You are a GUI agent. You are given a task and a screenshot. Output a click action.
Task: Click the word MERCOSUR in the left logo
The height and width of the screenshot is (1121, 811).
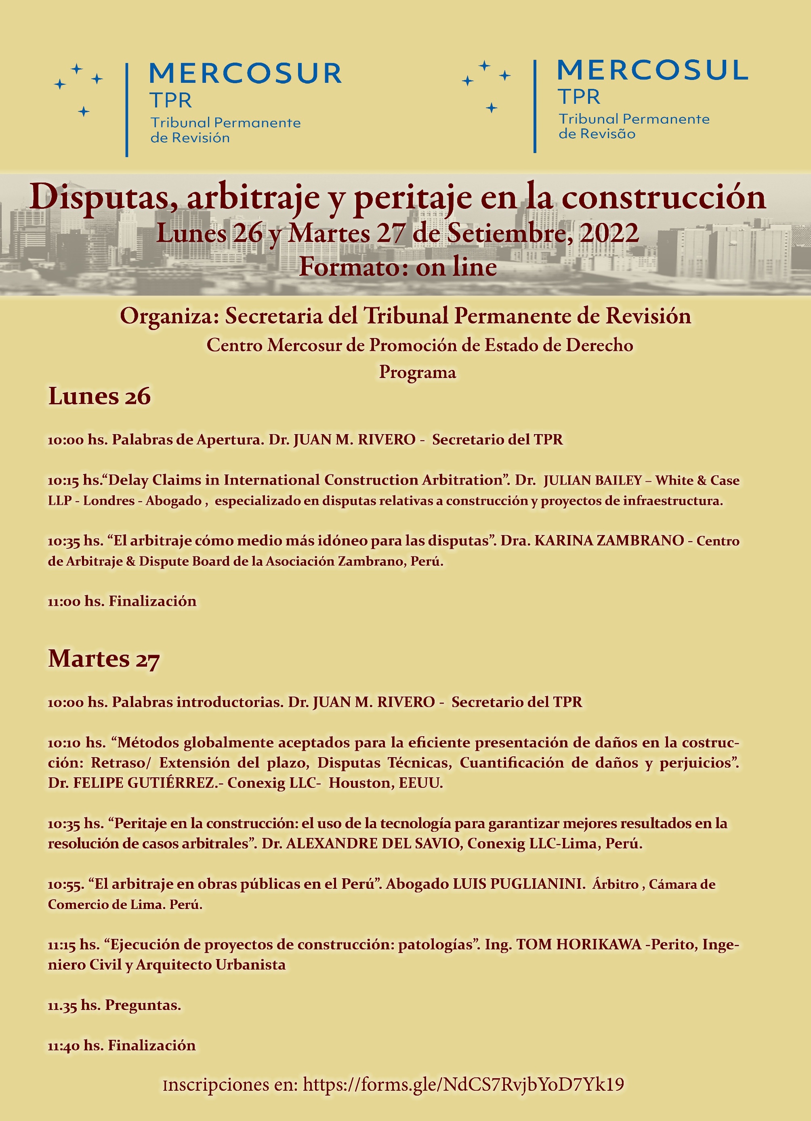tap(245, 73)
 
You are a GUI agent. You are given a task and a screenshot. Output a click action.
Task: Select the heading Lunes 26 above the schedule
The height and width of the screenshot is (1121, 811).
tap(99, 397)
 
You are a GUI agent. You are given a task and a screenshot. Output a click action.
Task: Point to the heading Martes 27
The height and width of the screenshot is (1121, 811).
tap(104, 659)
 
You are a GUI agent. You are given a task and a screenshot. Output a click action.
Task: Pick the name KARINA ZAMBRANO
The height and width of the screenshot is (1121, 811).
tap(609, 540)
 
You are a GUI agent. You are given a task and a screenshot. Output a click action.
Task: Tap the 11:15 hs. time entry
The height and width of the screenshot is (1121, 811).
tap(74, 945)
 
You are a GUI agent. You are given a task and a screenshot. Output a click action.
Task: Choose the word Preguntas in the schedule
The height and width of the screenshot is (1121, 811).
tap(143, 1005)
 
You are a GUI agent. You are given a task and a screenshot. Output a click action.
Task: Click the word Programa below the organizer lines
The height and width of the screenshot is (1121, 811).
tap(417, 372)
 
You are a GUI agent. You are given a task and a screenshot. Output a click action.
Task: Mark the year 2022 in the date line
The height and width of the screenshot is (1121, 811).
tap(609, 233)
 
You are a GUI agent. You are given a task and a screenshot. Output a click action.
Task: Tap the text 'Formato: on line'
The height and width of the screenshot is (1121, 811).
tap(398, 267)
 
